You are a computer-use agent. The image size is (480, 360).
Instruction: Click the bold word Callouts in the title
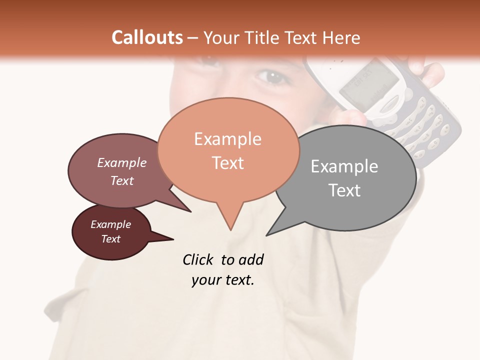[147, 37]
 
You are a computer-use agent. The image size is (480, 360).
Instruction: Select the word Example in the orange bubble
[227, 139]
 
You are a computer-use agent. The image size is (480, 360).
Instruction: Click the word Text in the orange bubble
[227, 163]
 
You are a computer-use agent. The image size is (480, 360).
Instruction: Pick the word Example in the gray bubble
[344, 166]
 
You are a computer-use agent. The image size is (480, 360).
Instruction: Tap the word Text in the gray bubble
[344, 190]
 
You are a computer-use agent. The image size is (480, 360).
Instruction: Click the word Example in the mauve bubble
[121, 162]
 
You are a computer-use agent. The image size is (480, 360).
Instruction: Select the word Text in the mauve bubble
[121, 180]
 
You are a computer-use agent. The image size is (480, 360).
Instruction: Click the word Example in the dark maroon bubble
[110, 224]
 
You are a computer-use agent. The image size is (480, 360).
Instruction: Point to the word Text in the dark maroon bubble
[110, 239]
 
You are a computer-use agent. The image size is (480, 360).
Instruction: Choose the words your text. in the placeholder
[222, 280]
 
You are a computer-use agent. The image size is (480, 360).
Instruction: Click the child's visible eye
[271, 76]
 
